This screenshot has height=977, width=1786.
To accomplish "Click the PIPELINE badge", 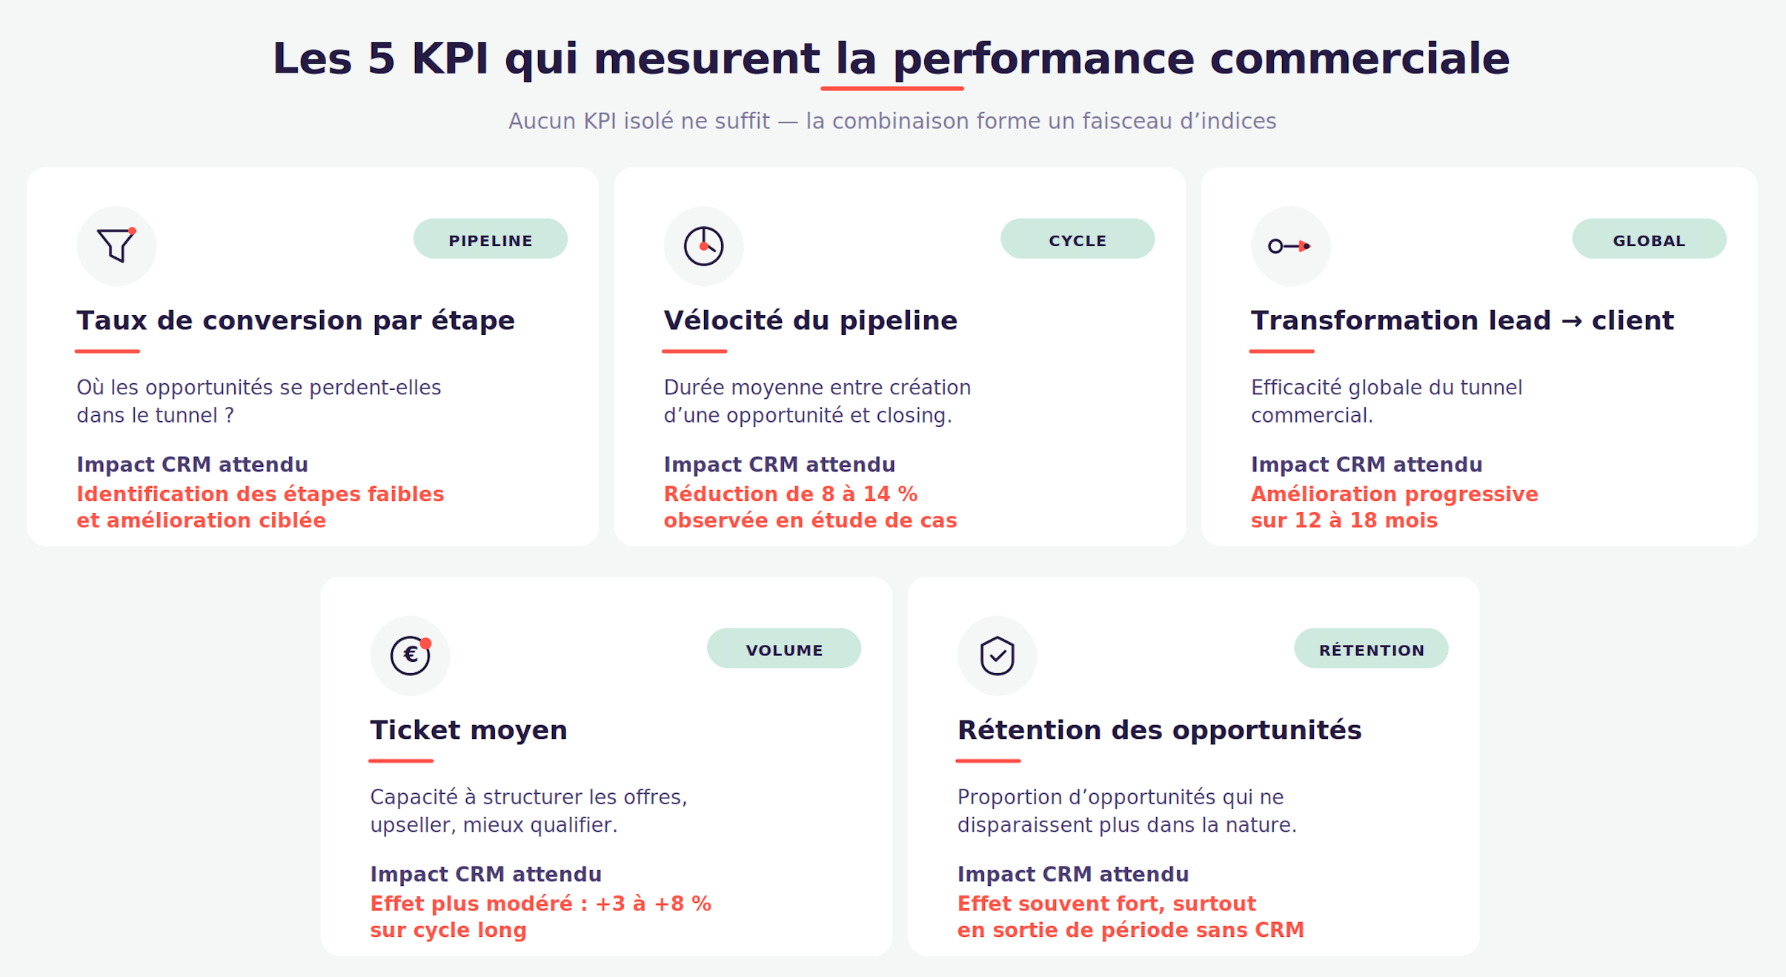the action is point(491,239).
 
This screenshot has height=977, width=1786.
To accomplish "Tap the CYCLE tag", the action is point(1078,239).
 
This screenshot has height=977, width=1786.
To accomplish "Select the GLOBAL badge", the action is point(1649,239).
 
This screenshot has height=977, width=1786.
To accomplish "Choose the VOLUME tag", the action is point(784,649).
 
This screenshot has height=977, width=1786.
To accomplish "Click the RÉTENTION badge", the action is point(1371,649).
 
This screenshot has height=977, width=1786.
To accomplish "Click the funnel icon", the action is point(116,245).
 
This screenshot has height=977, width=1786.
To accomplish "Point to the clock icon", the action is point(703,246).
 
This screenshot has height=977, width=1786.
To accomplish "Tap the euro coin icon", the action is point(411,655).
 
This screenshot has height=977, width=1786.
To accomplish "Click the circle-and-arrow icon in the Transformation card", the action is point(1289,246).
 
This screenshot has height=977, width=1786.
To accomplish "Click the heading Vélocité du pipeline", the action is point(811,321).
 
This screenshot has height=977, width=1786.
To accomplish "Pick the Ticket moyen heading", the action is point(468,731).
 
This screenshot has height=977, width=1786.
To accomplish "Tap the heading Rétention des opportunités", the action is point(1159,731).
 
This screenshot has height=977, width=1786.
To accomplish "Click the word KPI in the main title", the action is point(450,59).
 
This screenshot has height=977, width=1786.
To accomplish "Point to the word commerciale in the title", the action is point(1360,59).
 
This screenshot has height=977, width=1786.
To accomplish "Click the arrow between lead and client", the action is point(1571,322).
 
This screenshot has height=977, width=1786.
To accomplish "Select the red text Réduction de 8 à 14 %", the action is point(791,494).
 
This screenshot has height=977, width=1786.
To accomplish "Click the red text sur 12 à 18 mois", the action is point(1344,521).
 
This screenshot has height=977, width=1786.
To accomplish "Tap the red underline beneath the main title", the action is point(892,89).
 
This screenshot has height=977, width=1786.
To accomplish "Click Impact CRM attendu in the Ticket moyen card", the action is point(485,875).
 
